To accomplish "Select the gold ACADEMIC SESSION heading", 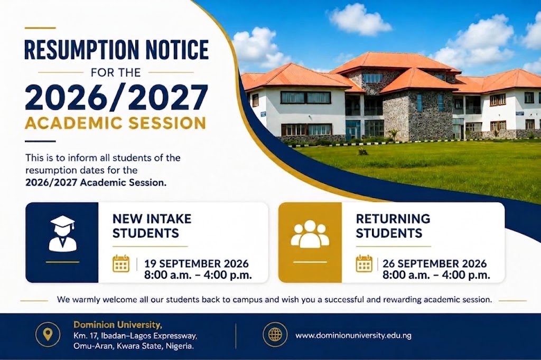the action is tap(116, 124).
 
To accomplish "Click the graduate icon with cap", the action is tap(62, 233).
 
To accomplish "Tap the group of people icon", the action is tap(310, 233).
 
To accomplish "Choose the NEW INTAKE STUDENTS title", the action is tap(152, 226).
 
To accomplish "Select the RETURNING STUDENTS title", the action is tap(393, 226).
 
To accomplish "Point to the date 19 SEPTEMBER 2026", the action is tap(197, 264).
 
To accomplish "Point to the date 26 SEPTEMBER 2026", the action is tap(435, 264).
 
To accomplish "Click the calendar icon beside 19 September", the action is tap(121, 264).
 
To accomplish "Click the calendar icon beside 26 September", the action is tap(364, 264).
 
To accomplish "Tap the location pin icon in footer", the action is tap(48, 334).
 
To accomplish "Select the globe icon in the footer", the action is tap(275, 335).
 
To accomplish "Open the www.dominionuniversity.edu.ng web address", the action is tap(353, 335).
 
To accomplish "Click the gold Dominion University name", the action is tap(118, 325).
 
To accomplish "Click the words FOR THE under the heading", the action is tap(116, 72).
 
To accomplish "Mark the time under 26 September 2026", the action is tap(436, 275).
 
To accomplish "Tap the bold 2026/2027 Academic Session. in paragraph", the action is tap(96, 183).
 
